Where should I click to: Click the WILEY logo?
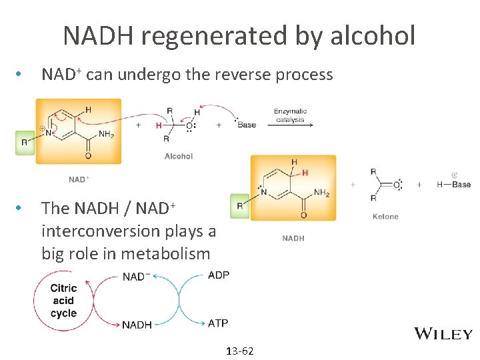(443, 334)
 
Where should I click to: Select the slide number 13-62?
(240, 351)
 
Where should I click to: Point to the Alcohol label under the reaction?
(179, 156)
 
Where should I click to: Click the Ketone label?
(385, 216)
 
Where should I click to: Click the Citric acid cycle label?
(63, 301)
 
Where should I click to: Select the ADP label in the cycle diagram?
(219, 275)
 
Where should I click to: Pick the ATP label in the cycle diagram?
(218, 323)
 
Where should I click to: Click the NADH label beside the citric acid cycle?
(137, 325)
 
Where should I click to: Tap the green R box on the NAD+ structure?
(25, 142)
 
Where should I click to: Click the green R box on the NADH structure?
(239, 206)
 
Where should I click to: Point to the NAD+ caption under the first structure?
(79, 179)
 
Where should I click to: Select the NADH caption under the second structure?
(293, 238)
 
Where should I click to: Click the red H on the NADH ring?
(305, 172)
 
